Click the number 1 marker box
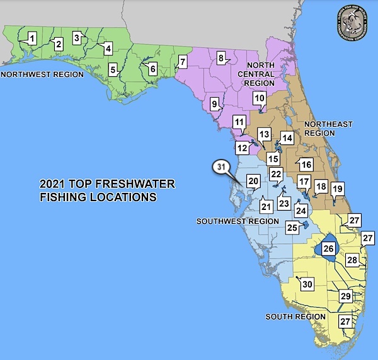30,38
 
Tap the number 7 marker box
182,62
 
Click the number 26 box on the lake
328,248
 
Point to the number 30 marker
307,284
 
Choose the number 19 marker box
337,188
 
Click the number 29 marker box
345,296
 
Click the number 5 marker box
113,69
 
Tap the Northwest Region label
42,74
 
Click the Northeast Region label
328,129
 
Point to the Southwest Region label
237,221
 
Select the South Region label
290,316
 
